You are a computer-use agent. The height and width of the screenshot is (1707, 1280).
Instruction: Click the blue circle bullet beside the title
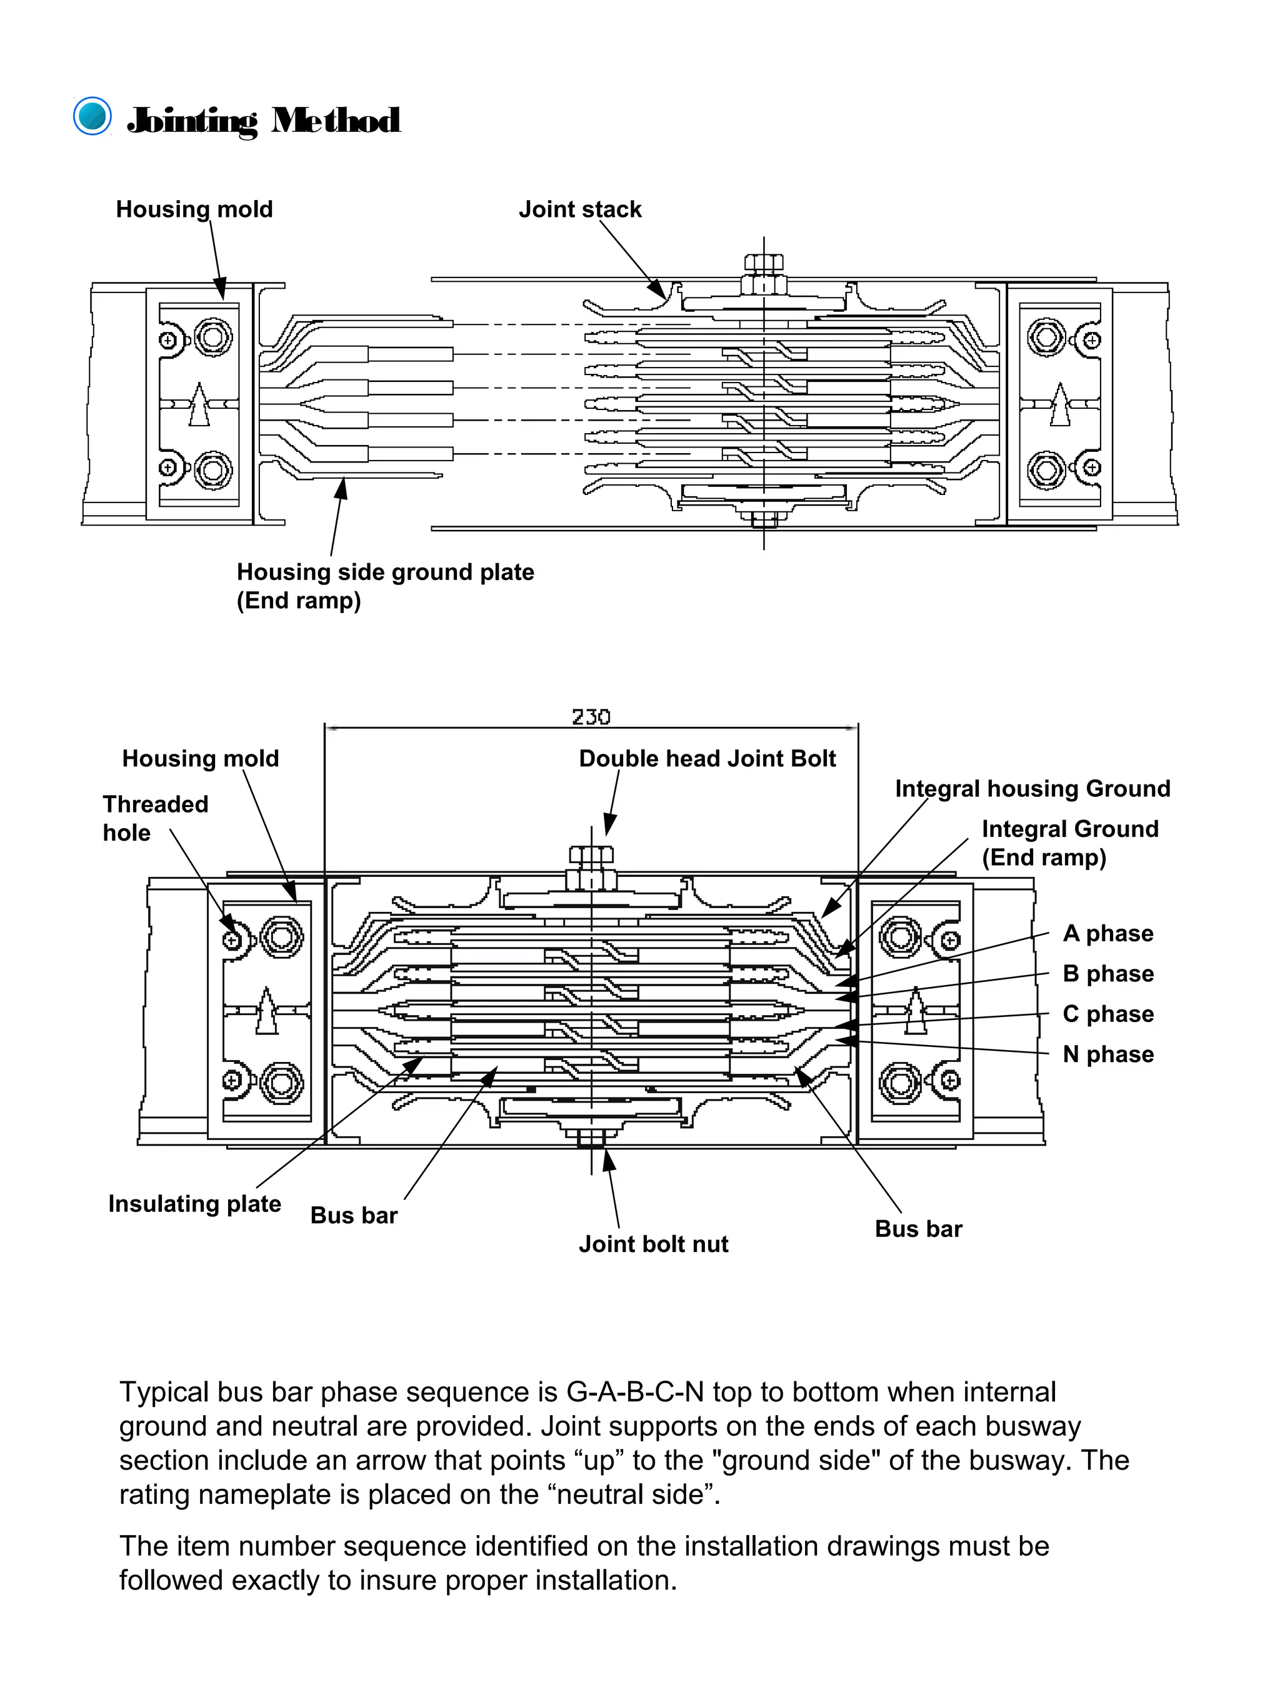coord(92,116)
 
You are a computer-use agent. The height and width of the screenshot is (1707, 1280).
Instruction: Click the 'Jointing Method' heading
coord(263,121)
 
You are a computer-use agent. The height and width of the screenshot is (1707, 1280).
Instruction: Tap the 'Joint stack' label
coord(579,209)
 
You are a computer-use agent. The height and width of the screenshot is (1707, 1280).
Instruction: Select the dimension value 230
coord(591,717)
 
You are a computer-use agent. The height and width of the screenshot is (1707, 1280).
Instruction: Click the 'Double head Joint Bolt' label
coord(707,759)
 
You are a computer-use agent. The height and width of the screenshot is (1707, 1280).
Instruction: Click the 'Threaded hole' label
coord(154,818)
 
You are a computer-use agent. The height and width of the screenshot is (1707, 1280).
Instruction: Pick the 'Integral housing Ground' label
coord(1032,789)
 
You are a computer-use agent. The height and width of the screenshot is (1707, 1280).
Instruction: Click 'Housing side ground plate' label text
coord(385,572)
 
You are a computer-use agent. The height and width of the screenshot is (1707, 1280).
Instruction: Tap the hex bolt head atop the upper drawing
coord(764,263)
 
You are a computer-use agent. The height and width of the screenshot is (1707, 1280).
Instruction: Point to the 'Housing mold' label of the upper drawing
coord(194,209)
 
